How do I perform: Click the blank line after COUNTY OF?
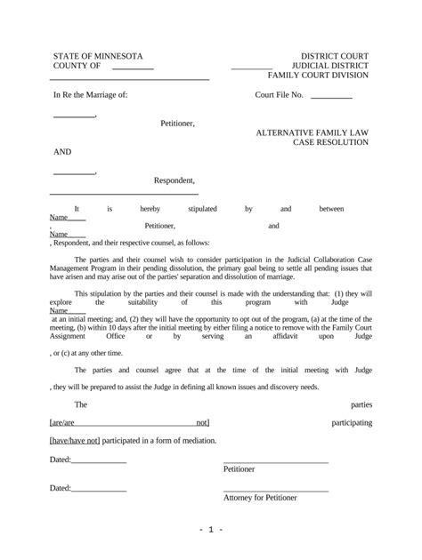[x=133, y=68]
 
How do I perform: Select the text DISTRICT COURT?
[x=334, y=56]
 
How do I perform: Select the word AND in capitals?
[x=62, y=152]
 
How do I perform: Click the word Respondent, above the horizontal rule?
[x=175, y=180]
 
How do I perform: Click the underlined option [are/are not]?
[x=129, y=423]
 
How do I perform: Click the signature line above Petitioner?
[x=275, y=460]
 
